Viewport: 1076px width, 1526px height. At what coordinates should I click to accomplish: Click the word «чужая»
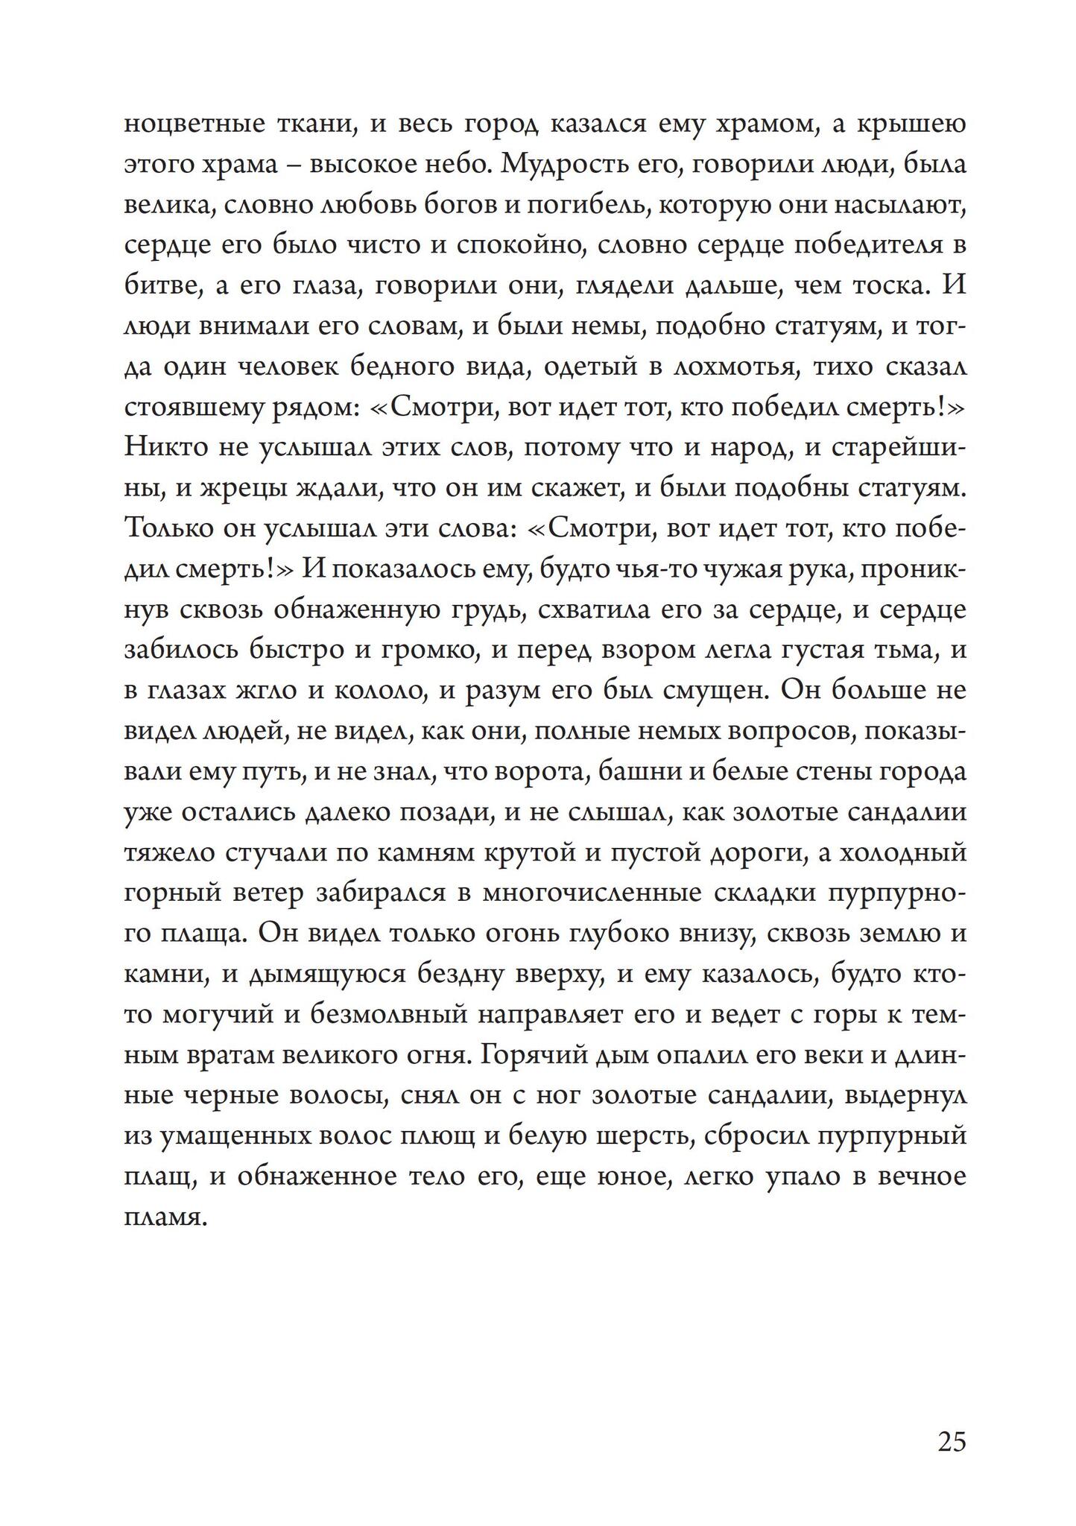[669, 570]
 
